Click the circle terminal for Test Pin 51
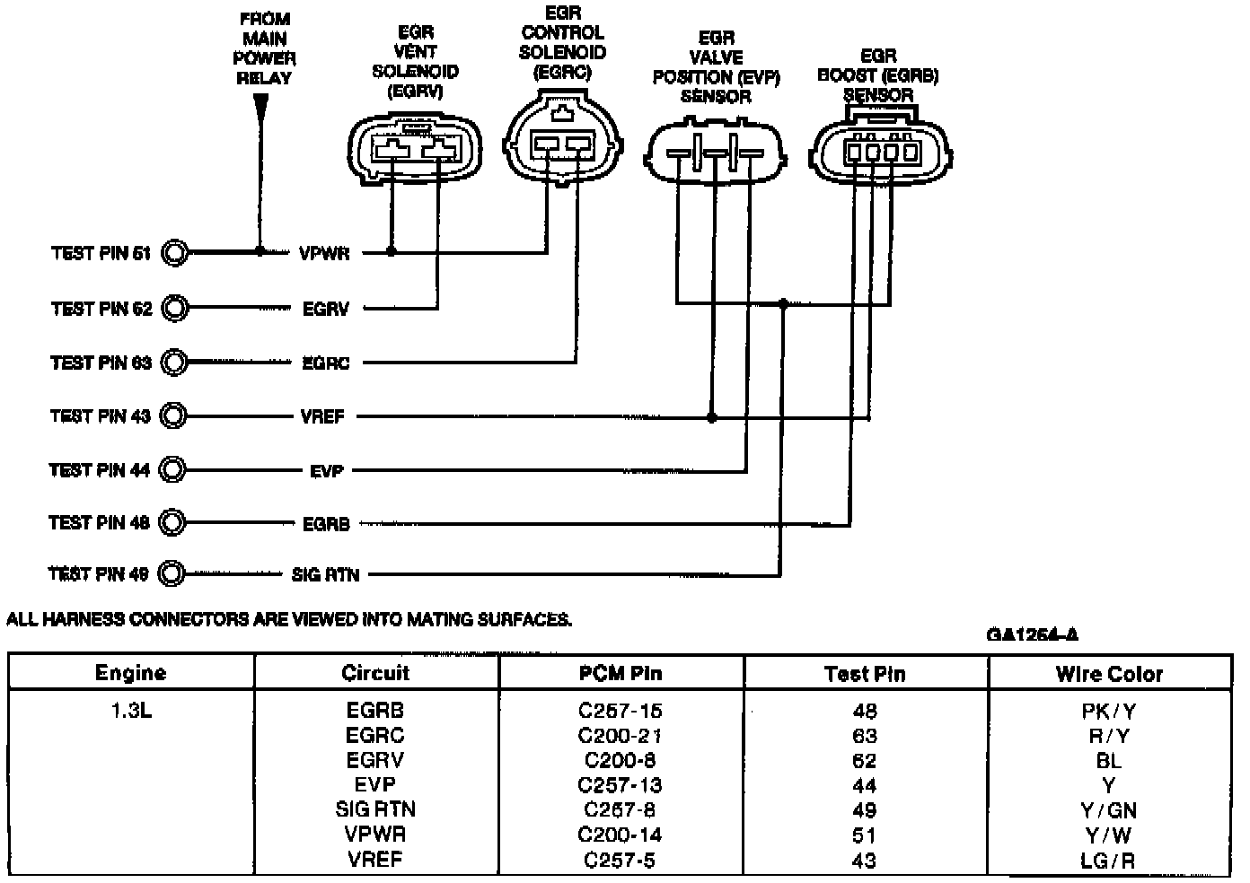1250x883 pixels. click(175, 253)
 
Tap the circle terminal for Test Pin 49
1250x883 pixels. click(171, 574)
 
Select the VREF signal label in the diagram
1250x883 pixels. click(322, 416)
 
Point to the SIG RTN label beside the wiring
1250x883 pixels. click(325, 574)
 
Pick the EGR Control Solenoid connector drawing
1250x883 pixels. click(562, 144)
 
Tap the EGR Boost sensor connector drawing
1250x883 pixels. click(881, 152)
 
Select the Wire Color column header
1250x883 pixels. click(1109, 674)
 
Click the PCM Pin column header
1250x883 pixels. click(621, 673)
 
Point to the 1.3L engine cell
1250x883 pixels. click(131, 711)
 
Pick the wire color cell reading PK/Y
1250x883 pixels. click(1109, 712)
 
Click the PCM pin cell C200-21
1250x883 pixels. click(621, 736)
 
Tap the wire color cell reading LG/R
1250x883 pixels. click(1109, 861)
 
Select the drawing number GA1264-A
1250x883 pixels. click(1033, 635)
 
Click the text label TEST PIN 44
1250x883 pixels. click(100, 470)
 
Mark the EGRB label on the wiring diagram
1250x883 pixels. click(325, 523)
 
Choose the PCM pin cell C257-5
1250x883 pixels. click(621, 861)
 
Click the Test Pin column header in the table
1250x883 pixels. click(865, 674)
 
